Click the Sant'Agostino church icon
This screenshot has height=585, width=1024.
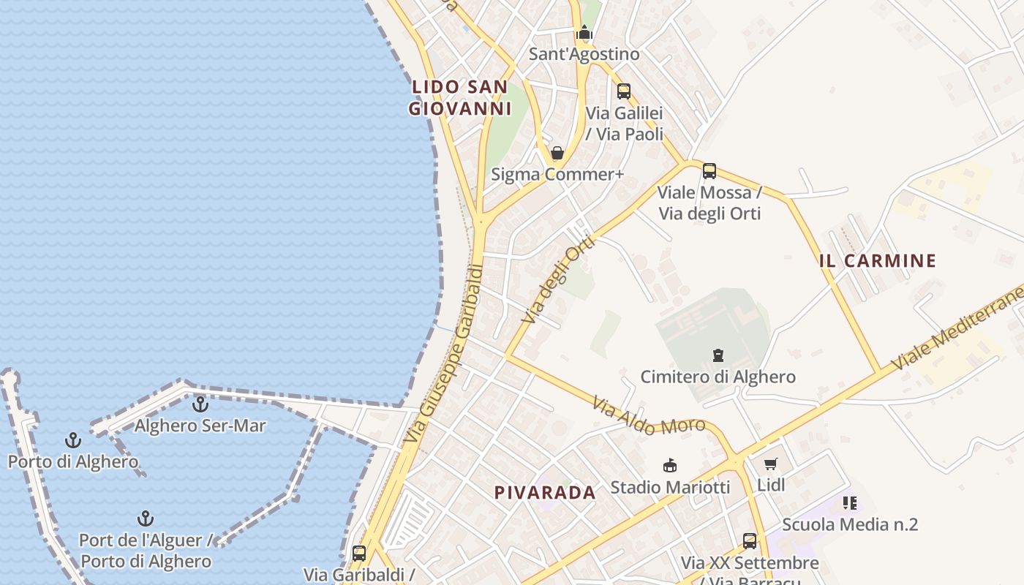click(584, 33)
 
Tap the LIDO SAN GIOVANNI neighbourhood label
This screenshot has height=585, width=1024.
click(459, 98)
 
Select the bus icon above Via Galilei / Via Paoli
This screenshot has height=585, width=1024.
click(623, 91)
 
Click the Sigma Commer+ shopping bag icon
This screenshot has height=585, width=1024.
click(557, 153)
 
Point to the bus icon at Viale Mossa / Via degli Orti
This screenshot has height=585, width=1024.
click(709, 171)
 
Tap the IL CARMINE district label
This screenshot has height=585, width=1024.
click(878, 261)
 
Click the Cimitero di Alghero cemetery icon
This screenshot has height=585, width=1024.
click(718, 355)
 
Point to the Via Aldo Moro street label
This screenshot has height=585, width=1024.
click(649, 417)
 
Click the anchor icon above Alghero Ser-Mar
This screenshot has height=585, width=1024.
click(200, 404)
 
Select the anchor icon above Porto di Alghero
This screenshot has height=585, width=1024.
click(72, 440)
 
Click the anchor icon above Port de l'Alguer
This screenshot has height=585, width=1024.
click(146, 519)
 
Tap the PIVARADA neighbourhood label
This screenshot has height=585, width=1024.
click(545, 493)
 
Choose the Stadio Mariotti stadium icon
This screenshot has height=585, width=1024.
click(669, 465)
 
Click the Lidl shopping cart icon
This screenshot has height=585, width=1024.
click(770, 464)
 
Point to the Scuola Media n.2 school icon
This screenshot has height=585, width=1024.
click(849, 503)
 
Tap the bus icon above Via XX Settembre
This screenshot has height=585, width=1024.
click(750, 541)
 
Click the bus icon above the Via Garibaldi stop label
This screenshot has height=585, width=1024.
click(358, 553)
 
